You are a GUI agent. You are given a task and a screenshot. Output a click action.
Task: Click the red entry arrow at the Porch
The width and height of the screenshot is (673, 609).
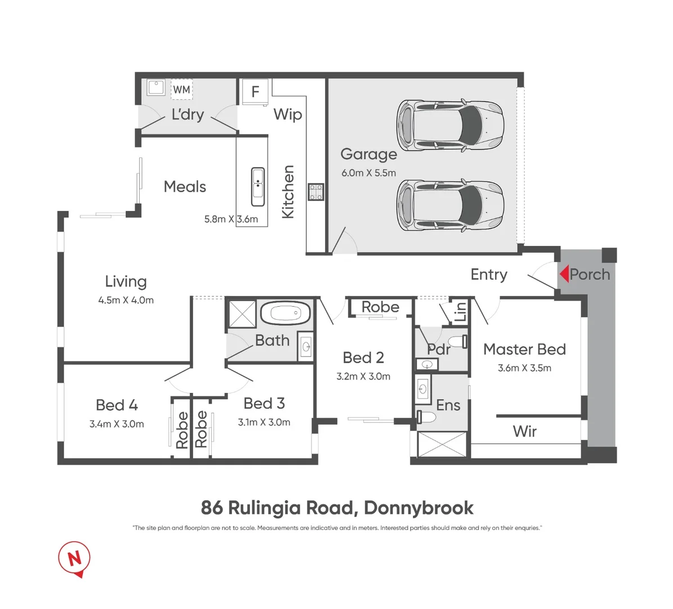pos(564,274)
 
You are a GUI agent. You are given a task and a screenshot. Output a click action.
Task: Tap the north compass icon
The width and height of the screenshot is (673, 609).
pos(74,558)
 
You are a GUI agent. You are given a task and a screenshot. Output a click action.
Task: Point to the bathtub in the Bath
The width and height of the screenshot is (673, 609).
pos(286,313)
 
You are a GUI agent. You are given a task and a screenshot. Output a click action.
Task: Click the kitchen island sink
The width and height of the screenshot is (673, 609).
pos(257,187)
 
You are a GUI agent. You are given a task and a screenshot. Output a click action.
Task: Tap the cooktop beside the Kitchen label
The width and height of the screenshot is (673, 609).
pos(315,192)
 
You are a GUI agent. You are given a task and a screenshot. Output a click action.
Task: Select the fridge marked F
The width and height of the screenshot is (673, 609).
pos(255,91)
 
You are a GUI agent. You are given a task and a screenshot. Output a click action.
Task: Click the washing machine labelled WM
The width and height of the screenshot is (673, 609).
pos(181,89)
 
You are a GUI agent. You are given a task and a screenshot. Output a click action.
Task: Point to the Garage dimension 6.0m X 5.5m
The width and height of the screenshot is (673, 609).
pos(368,173)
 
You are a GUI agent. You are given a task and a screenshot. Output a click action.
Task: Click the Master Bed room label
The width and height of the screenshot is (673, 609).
pos(524,350)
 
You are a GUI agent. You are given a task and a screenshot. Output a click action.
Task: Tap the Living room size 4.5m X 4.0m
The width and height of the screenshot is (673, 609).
pos(126,301)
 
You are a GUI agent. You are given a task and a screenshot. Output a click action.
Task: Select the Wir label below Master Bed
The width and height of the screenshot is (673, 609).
pos(524,431)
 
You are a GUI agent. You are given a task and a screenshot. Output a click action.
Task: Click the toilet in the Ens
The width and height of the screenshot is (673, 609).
pos(428,417)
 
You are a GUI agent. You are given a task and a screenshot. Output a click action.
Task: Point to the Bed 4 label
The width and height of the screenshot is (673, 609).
pos(117,405)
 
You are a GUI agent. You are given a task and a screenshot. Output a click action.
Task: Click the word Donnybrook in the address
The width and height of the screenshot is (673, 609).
pos(418,508)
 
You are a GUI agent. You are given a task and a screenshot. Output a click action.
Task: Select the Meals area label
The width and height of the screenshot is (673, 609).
pos(185,187)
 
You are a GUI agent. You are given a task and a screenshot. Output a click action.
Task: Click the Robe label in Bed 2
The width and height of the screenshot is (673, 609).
pos(380,307)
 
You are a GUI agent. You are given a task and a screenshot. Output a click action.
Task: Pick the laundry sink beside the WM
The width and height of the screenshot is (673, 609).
pos(156,87)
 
